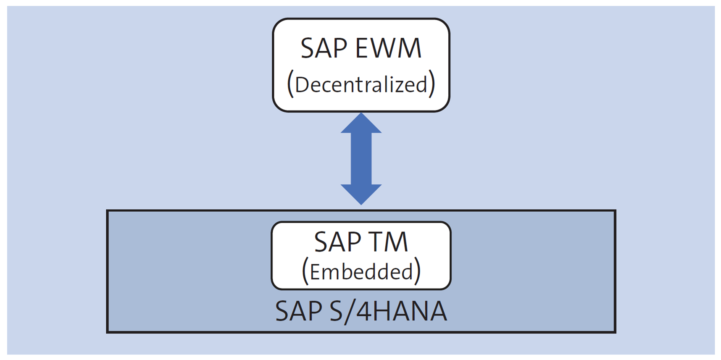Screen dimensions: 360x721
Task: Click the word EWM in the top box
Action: [x=388, y=48]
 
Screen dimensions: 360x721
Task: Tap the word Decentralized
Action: [x=361, y=85]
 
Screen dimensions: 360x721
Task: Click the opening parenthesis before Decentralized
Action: [x=290, y=84]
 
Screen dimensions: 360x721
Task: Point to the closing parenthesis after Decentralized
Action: [x=432, y=84]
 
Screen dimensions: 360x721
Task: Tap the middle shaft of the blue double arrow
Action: [x=361, y=159]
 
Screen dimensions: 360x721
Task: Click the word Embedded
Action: [x=361, y=272]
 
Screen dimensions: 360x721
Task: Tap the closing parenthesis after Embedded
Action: [x=417, y=271]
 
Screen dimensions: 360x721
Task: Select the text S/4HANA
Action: [x=388, y=311]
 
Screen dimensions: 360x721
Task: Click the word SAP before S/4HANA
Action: [x=299, y=311]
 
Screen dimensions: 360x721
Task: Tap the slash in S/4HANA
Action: [x=350, y=312]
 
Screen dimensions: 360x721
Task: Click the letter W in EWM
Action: [x=387, y=48]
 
